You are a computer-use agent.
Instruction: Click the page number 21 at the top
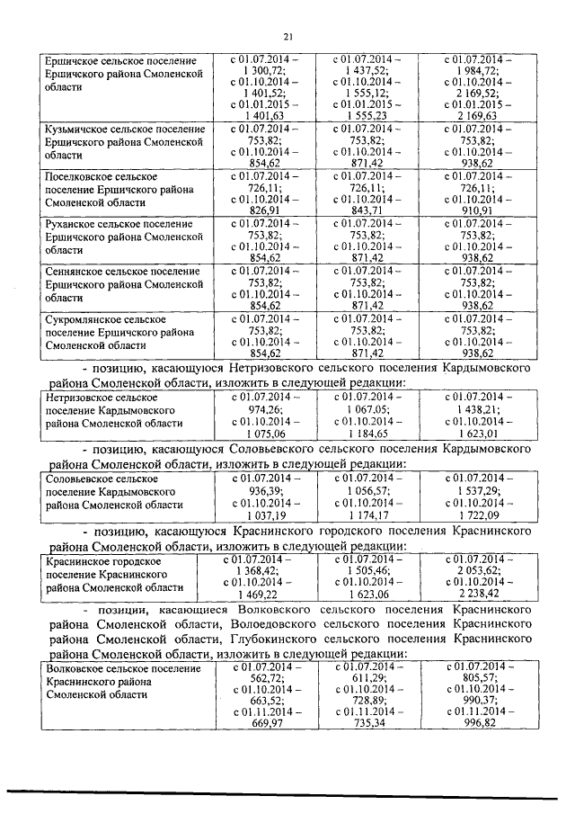(287, 37)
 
